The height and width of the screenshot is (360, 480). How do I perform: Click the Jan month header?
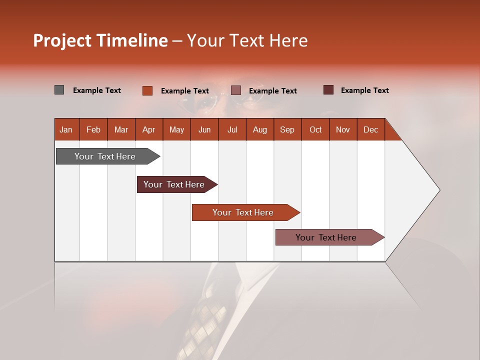click(x=66, y=129)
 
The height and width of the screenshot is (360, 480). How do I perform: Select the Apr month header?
click(x=149, y=129)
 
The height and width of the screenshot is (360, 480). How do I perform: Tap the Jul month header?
click(x=232, y=129)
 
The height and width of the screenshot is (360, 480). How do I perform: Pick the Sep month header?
click(x=287, y=129)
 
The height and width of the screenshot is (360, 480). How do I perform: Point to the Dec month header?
click(x=370, y=129)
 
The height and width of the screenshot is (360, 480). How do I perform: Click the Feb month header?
click(x=93, y=129)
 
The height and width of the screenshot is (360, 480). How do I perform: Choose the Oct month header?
click(x=315, y=129)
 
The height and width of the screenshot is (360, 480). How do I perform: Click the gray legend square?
click(x=59, y=90)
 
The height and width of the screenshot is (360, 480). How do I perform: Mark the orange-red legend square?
click(x=147, y=90)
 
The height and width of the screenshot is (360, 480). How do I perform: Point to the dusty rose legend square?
click(x=236, y=90)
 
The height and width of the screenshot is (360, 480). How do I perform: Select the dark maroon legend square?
click(x=328, y=90)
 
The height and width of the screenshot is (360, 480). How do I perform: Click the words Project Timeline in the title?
click(x=100, y=40)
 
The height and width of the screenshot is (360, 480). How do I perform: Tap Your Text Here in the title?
click(x=247, y=40)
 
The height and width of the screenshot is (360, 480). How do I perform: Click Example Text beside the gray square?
click(x=97, y=90)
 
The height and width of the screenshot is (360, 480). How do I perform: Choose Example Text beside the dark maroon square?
click(x=365, y=90)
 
